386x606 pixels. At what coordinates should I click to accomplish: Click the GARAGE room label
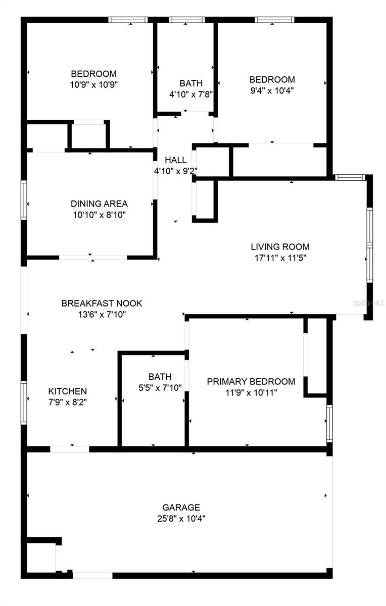point(181,507)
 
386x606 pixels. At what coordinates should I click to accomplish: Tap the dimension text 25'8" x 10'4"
point(181,518)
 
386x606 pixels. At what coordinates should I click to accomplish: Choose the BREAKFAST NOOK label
point(102,303)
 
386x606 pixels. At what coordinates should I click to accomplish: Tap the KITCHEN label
point(67,391)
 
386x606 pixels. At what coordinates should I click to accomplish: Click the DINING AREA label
point(99,204)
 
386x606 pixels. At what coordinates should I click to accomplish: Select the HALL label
point(175,160)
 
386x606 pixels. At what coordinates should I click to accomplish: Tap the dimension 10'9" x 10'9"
point(93,85)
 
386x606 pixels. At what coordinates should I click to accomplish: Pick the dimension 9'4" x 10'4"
point(272,90)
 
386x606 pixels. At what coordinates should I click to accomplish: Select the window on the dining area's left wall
point(23,200)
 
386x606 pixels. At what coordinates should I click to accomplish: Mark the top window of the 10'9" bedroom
point(128,20)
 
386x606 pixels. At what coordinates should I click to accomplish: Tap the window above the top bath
point(187,20)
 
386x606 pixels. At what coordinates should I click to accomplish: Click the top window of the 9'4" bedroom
point(274,20)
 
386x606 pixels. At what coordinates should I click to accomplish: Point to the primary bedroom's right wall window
point(329,423)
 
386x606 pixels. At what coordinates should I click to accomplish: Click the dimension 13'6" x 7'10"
point(102,314)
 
